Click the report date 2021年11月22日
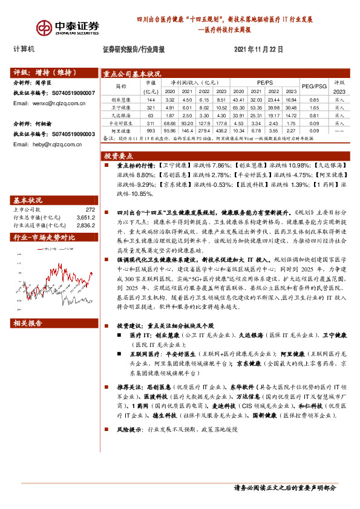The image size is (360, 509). tap(258, 50)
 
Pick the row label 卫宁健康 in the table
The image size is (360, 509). tap(121, 106)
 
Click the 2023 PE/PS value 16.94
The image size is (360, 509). tap(292, 99)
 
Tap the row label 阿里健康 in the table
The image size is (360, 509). tap(121, 130)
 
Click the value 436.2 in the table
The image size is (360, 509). tap(221, 130)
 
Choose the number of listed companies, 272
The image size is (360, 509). tap(90, 209)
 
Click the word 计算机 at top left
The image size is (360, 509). tap(24, 48)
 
